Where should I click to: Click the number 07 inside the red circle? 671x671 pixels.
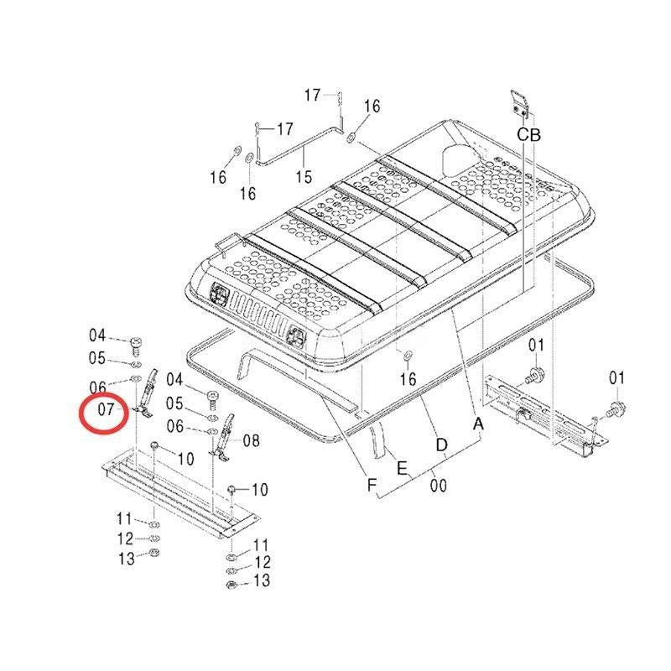click(x=107, y=409)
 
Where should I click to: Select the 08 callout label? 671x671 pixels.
click(x=251, y=440)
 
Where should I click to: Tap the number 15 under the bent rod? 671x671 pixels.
click(x=304, y=176)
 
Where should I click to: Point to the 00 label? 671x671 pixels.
click(x=438, y=486)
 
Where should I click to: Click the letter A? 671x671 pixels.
click(x=478, y=424)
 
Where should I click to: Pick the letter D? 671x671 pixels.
click(x=442, y=445)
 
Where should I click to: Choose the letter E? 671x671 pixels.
click(x=402, y=468)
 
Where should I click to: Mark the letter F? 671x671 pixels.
click(x=372, y=486)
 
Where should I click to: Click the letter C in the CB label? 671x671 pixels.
click(x=523, y=135)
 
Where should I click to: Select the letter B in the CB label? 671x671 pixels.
click(x=535, y=135)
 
